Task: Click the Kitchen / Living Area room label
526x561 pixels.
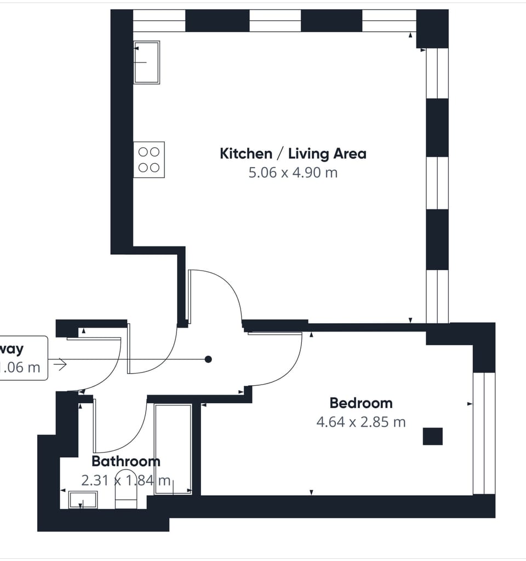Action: coord(293,153)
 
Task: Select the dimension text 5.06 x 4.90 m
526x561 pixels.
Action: coord(293,173)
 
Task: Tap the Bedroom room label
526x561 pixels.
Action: coord(361,403)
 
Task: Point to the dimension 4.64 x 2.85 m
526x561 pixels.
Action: coord(361,422)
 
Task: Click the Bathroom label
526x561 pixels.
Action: coord(125,461)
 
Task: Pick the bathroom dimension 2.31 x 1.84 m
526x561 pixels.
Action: coord(125,480)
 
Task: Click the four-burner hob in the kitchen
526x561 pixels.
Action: coord(148,159)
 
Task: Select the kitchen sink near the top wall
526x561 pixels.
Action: coord(147,62)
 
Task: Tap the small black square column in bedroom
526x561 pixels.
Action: coord(432,437)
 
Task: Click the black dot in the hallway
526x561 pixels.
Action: coord(208,359)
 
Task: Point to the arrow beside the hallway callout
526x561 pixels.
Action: coord(60,364)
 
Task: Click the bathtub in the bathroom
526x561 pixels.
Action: coord(173,449)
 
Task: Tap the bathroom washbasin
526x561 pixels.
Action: coord(83,500)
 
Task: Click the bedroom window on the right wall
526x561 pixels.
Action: coord(484,433)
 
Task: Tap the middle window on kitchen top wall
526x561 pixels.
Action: coord(275,21)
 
